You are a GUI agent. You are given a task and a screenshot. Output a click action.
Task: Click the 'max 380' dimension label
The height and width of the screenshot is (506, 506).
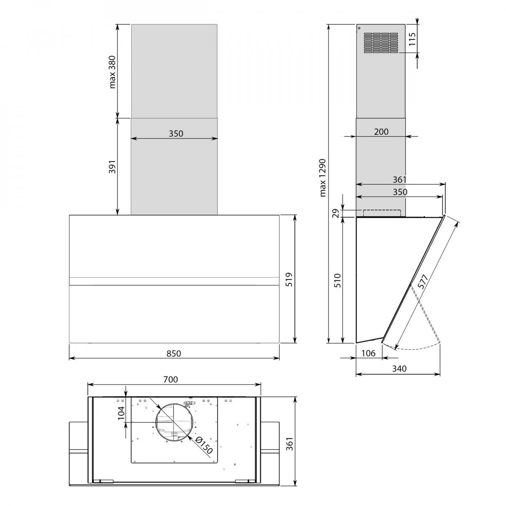(x=113, y=72)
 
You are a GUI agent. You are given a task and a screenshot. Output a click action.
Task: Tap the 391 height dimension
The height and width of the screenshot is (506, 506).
(x=113, y=167)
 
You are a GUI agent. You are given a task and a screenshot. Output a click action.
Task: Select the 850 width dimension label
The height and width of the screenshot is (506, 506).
(x=174, y=353)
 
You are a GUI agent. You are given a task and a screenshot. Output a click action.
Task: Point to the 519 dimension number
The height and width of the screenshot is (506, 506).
(x=288, y=280)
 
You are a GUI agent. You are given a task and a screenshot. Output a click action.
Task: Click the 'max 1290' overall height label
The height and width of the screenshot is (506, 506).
(x=323, y=178)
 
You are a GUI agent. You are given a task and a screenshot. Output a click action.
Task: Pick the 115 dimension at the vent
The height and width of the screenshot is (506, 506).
(x=412, y=39)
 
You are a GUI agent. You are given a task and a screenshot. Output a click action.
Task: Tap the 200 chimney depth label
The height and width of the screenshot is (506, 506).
(x=381, y=132)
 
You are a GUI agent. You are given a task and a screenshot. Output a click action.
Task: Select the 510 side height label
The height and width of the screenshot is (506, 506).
(x=338, y=280)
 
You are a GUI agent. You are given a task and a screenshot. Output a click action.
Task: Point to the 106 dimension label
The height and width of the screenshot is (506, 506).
(x=368, y=353)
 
